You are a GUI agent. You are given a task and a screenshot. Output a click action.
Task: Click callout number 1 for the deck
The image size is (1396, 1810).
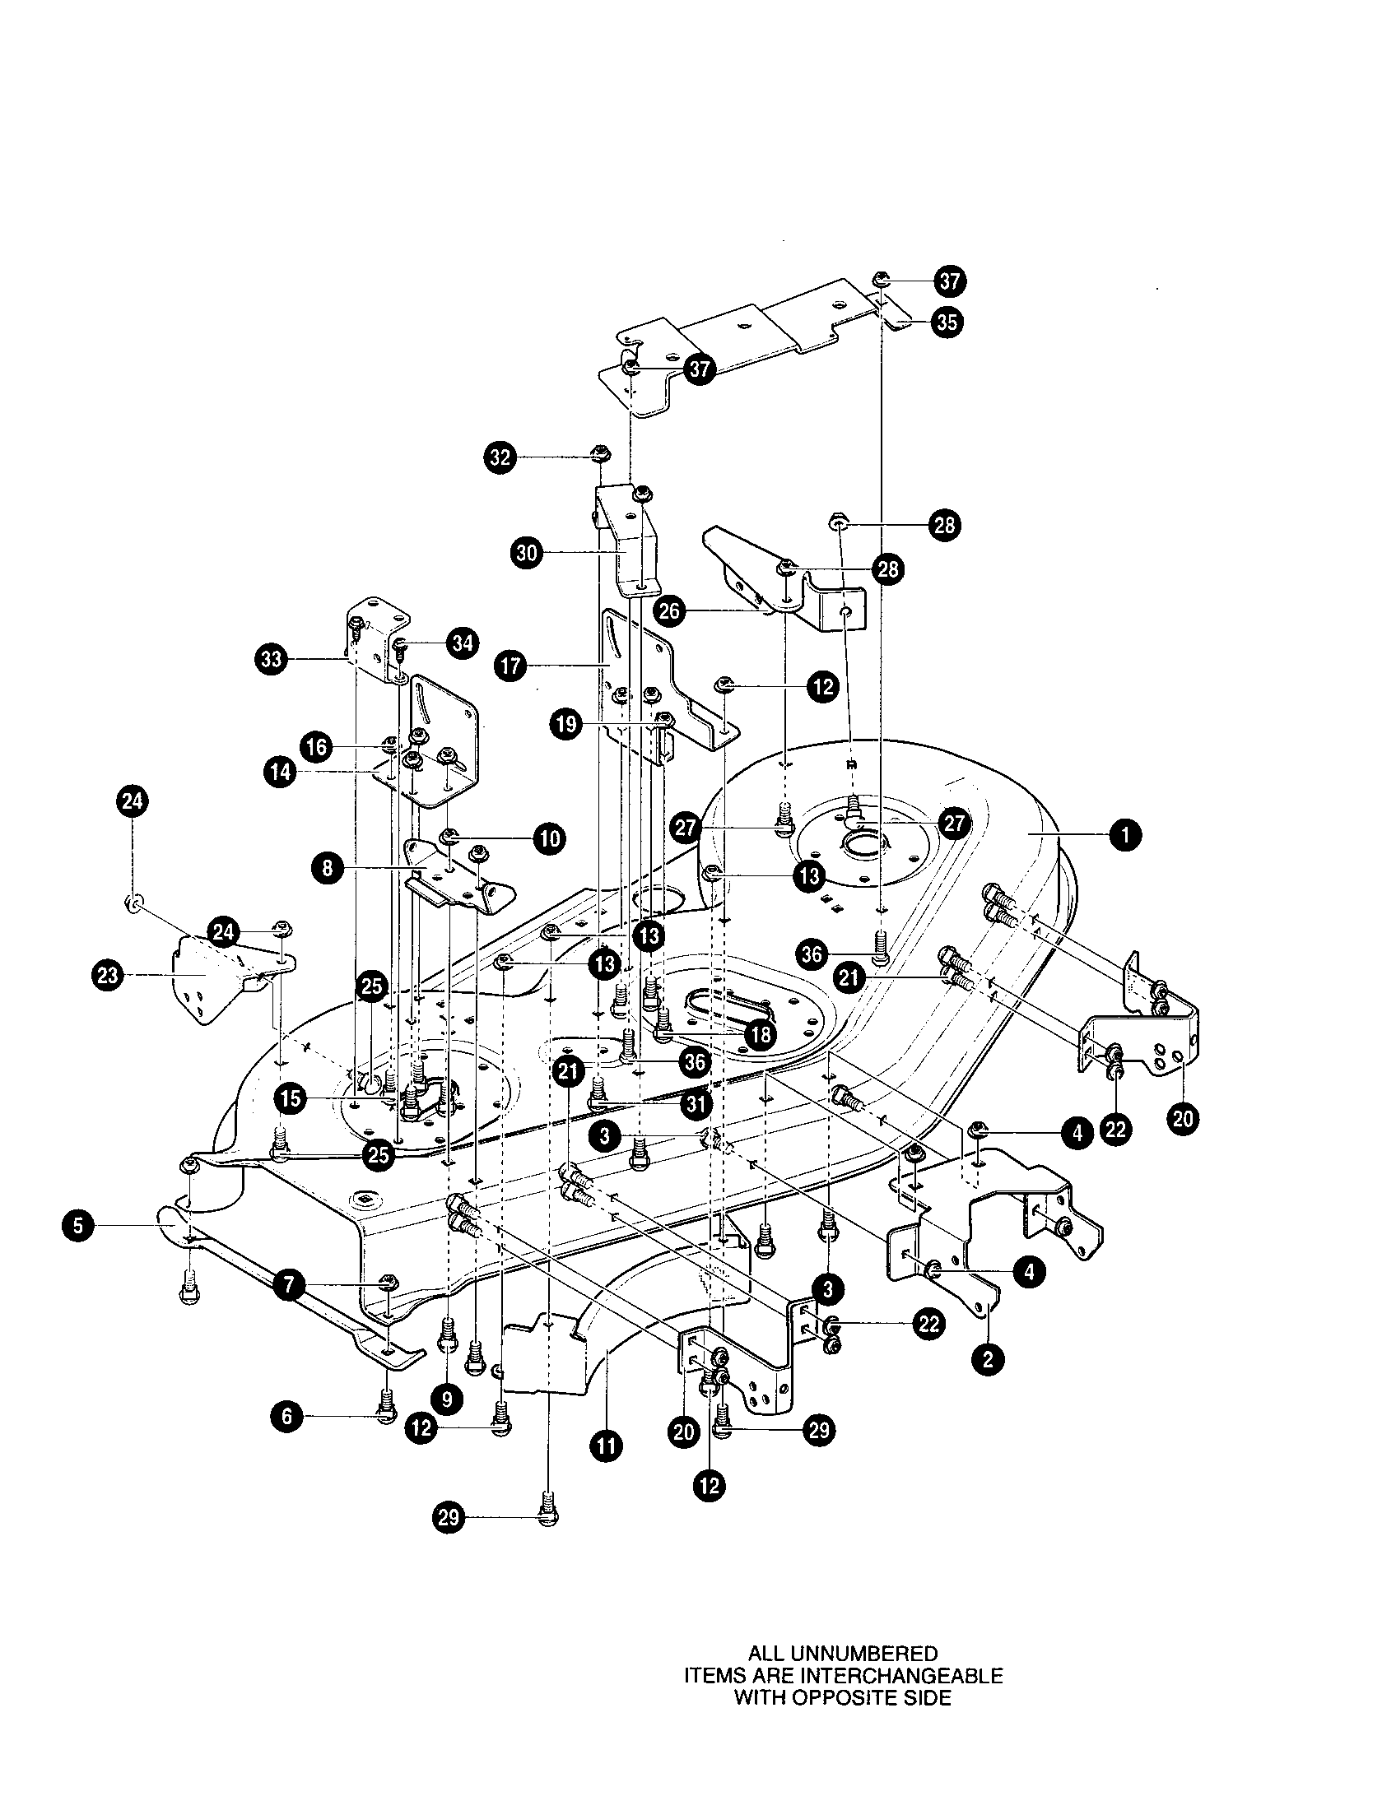1125,836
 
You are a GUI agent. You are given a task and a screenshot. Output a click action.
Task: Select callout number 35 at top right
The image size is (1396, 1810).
947,321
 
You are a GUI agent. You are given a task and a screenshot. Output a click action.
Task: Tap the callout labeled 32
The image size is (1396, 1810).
500,457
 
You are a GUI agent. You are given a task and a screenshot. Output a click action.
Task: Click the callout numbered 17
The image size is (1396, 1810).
510,666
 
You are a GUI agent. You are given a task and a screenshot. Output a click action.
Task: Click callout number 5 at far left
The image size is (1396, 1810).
78,1225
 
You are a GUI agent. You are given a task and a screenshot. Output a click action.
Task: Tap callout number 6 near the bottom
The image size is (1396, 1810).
286,1417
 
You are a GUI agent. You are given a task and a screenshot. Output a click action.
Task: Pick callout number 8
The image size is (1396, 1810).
328,869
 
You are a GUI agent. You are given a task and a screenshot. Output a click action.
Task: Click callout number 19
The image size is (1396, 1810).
566,724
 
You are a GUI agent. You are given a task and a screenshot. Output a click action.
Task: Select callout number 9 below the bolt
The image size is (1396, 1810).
447,1399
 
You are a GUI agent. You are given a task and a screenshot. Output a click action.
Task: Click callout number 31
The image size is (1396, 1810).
696,1104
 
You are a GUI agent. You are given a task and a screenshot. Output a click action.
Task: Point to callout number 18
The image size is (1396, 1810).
761,1033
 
